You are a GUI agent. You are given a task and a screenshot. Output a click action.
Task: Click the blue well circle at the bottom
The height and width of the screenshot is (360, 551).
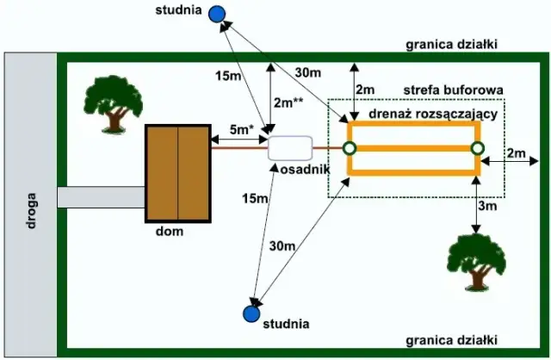(x=251, y=313)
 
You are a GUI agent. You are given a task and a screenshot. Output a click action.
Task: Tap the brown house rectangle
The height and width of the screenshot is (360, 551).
(x=177, y=172)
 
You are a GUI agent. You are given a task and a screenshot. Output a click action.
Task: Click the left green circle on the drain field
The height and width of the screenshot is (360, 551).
(x=350, y=148)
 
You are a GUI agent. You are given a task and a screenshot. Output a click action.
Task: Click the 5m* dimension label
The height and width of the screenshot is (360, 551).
(x=242, y=129)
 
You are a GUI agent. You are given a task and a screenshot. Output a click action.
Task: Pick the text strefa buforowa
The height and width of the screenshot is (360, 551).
(x=454, y=90)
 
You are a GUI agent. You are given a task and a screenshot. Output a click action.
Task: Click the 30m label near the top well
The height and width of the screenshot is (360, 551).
(x=309, y=72)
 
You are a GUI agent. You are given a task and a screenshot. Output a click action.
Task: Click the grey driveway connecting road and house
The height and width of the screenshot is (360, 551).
(x=101, y=197)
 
